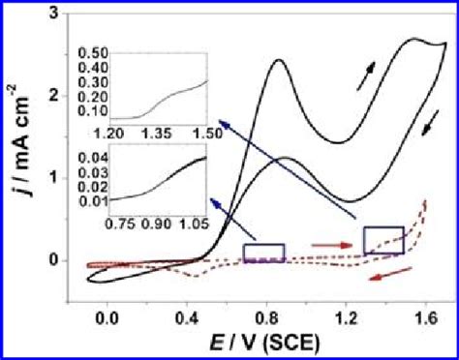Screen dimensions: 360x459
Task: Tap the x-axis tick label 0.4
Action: [186, 316]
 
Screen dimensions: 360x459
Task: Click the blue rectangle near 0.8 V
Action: [263, 253]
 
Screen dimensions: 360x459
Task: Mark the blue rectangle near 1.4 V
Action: [383, 240]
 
